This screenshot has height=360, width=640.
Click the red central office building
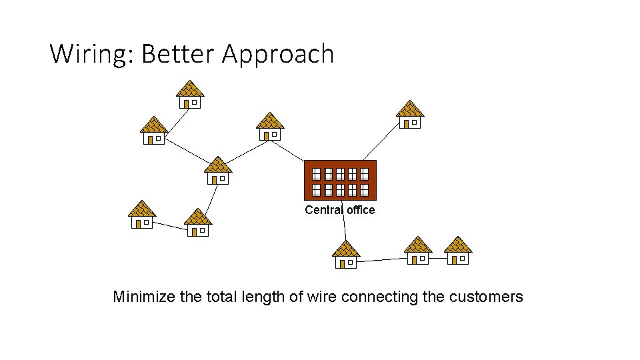click(340, 180)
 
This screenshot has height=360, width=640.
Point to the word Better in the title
click(178, 54)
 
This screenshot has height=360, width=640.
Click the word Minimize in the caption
click(144, 297)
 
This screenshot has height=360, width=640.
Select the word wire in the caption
click(322, 297)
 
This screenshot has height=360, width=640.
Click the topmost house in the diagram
click(190, 95)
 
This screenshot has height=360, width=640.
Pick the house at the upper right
click(410, 114)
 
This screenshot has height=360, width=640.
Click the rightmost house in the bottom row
click(458, 251)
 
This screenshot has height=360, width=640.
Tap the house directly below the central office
click(346, 255)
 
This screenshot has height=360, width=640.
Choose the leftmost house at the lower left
click(142, 215)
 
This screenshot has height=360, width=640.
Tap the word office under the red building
click(361, 210)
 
